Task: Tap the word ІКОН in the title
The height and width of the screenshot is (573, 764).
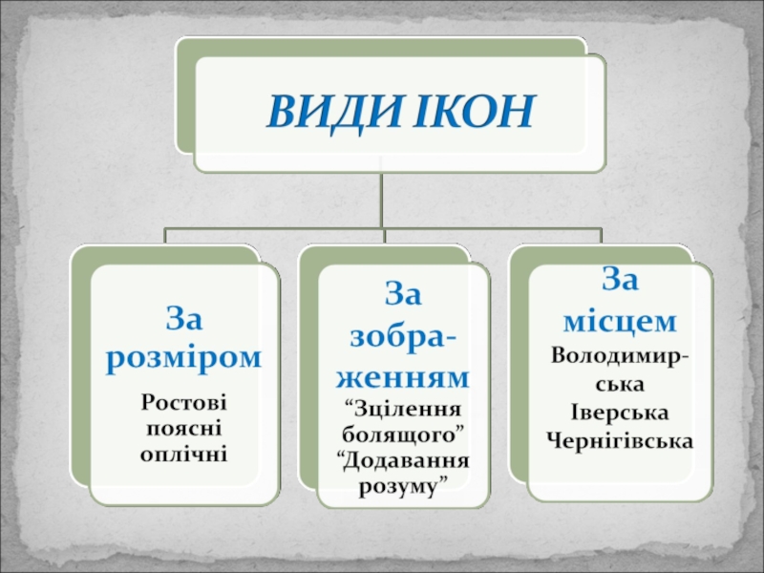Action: click(x=472, y=114)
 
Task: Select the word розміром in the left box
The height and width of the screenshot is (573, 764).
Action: click(x=185, y=357)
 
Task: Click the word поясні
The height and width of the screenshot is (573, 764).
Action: click(x=184, y=426)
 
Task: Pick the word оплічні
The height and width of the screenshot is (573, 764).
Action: click(x=184, y=449)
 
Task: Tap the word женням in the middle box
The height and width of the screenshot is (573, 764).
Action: click(x=405, y=375)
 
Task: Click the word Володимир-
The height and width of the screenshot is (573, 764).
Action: click(x=620, y=356)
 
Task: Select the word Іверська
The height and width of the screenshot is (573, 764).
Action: click(x=620, y=412)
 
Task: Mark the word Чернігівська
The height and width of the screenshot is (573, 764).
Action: click(x=620, y=439)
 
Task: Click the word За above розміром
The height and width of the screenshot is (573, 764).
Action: click(x=185, y=316)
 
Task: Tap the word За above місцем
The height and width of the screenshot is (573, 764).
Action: click(x=620, y=279)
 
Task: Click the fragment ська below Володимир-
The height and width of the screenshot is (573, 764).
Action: click(x=620, y=384)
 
